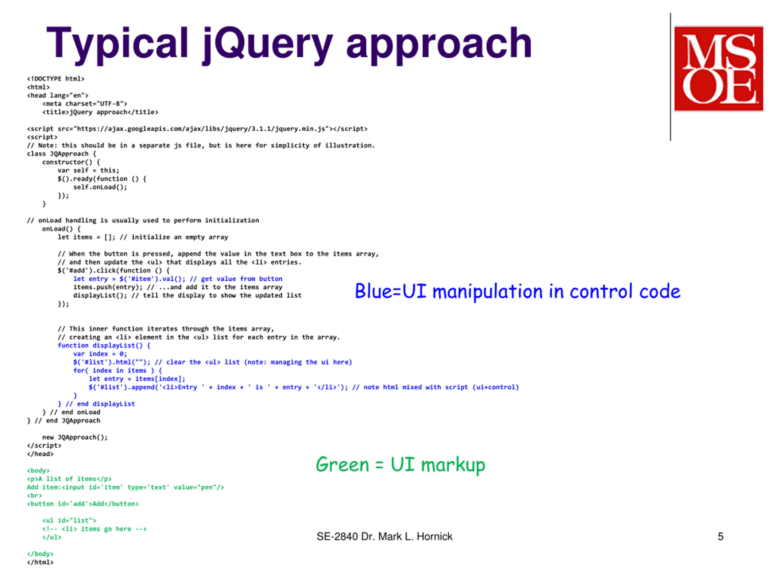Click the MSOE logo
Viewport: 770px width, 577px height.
tap(719, 69)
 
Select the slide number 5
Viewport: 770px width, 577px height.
tap(721, 536)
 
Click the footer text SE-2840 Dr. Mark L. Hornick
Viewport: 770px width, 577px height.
tap(384, 536)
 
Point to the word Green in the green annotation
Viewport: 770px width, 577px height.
tap(342, 465)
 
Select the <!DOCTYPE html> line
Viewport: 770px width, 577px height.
tap(56, 79)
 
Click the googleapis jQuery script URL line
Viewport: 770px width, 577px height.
tap(197, 129)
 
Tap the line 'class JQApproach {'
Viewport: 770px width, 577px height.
tap(61, 154)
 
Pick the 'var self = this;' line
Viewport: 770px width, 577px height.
tap(88, 170)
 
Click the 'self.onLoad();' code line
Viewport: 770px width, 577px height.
tap(100, 187)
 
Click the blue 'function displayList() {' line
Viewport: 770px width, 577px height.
tap(104, 345)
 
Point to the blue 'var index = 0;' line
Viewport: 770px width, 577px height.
tap(100, 354)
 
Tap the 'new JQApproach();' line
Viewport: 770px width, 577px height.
tap(75, 437)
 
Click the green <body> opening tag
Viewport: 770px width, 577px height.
tap(38, 471)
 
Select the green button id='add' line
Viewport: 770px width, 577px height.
tap(83, 504)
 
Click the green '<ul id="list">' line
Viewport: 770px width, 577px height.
tap(69, 521)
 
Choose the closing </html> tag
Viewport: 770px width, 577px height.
tap(40, 562)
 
